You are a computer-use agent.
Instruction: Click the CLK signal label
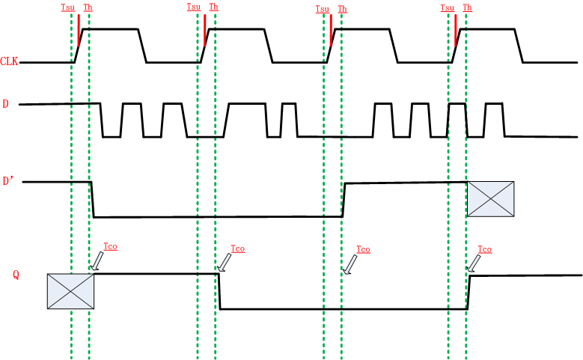10,61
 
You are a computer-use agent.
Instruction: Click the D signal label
6,104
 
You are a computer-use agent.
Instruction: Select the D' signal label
9,181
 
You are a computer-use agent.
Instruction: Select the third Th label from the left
342,9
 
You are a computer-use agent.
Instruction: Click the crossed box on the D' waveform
490,199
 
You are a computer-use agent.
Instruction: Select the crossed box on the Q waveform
70,291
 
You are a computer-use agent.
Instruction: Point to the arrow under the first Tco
97,260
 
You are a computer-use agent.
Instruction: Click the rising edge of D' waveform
344,199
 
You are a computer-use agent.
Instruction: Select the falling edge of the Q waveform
220,291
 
